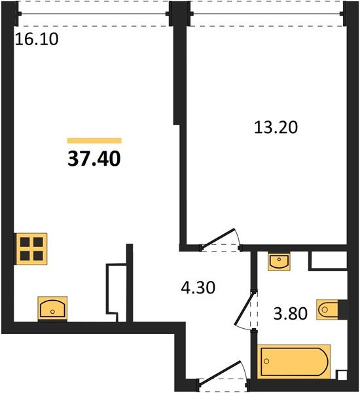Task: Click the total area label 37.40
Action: coord(94,159)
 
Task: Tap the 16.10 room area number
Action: coord(37,39)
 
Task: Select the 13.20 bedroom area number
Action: coord(276,127)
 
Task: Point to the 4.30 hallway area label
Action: coord(198,288)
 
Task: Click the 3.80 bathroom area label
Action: coord(290,314)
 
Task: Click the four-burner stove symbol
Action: coord(31,249)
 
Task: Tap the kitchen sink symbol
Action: coord(52,309)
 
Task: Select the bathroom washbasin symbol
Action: coord(279,261)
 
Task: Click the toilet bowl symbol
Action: coord(327,310)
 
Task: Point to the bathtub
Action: coord(294,362)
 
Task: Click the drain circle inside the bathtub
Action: coord(266,361)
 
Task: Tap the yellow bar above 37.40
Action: coord(94,141)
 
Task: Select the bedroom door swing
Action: coord(220,239)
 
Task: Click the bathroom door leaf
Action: coord(244,309)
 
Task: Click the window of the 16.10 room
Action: coord(93,14)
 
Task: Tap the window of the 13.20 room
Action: coord(267,14)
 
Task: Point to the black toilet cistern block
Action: coord(342,310)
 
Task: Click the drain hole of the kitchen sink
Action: coord(52,312)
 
